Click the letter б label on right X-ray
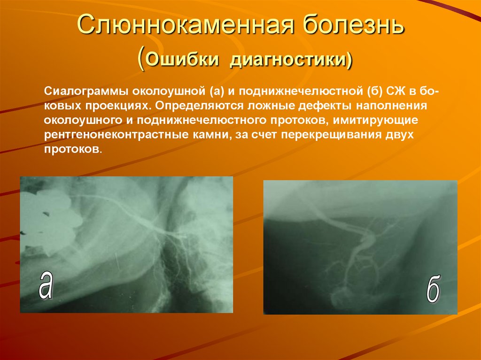pyautogui.click(x=433, y=291)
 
